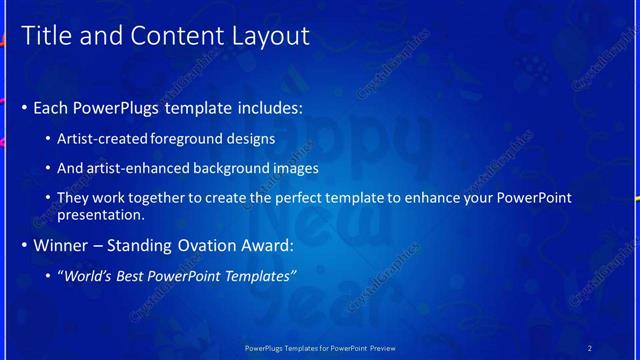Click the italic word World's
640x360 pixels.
89,275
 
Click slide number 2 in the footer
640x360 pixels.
589,347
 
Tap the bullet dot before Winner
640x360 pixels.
24,244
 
